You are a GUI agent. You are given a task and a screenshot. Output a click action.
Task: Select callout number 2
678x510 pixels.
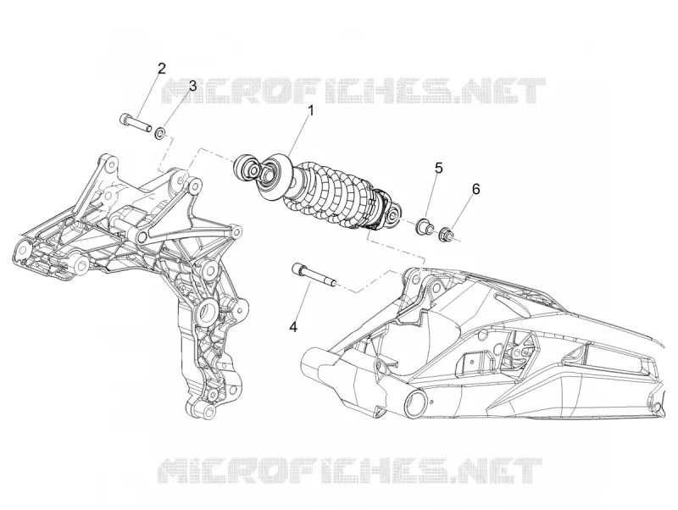pos(161,69)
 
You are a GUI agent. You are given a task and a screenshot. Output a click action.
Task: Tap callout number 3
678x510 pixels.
pos(192,86)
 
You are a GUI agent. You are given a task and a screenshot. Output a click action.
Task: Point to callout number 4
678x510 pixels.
pos(293,328)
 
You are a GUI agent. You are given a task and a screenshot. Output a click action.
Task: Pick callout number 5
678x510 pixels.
pos(439,168)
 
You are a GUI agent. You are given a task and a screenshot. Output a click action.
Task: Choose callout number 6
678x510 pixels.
pos(475,189)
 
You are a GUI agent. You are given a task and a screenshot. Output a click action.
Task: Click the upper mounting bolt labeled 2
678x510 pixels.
pos(135,121)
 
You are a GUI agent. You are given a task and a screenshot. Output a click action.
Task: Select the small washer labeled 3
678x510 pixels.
pos(160,133)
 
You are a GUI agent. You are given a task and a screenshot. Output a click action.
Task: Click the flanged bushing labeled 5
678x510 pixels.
pos(424,227)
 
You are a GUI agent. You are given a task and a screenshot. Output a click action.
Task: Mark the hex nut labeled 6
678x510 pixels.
pos(446,235)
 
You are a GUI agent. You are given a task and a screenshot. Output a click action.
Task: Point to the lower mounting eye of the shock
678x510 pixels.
pos(393,217)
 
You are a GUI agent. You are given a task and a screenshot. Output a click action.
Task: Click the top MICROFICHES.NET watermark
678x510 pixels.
pos(353,91)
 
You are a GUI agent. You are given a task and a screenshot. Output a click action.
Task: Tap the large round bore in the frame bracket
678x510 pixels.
pos(210,309)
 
